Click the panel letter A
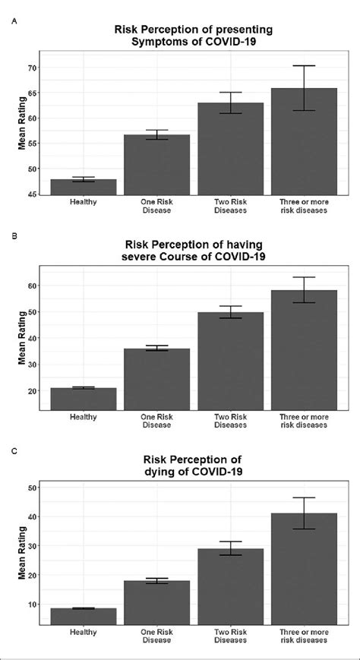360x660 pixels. point(14,21)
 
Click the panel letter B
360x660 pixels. point(14,236)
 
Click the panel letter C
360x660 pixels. point(14,451)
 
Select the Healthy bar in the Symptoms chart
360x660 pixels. point(83,187)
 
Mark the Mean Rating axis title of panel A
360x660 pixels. point(23,129)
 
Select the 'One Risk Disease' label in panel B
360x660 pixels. point(156,421)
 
